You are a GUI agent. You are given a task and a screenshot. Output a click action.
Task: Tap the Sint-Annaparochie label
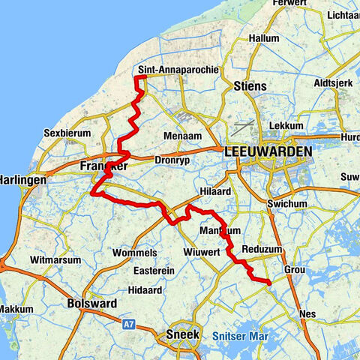tap(178, 70)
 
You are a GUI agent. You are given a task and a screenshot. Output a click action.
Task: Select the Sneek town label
tap(181, 334)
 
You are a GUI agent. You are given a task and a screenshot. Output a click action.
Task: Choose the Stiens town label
tap(250, 86)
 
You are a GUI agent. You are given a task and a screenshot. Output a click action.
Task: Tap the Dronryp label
tap(173, 160)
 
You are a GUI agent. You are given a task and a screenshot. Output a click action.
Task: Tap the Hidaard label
tap(146, 288)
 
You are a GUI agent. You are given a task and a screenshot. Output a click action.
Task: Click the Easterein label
tap(151, 270)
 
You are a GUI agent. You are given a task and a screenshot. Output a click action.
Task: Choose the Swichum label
tap(289, 204)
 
